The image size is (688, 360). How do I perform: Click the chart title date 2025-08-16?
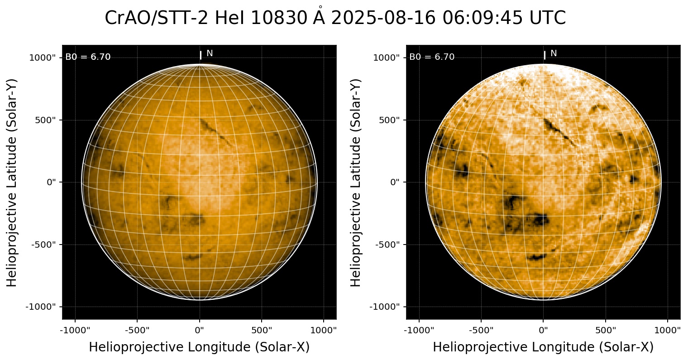point(384,19)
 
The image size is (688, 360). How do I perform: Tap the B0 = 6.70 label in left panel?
point(88,57)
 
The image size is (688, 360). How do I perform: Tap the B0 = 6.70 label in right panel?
point(432,57)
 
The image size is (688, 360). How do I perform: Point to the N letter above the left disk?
point(210,53)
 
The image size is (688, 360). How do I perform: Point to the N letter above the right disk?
point(554,53)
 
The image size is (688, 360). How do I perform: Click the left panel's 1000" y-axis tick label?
point(43,58)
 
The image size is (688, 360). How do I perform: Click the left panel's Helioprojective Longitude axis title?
point(199,347)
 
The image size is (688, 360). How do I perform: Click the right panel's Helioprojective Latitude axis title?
point(356,182)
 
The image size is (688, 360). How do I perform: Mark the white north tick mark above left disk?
point(201,55)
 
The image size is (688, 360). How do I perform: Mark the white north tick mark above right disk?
point(545,55)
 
